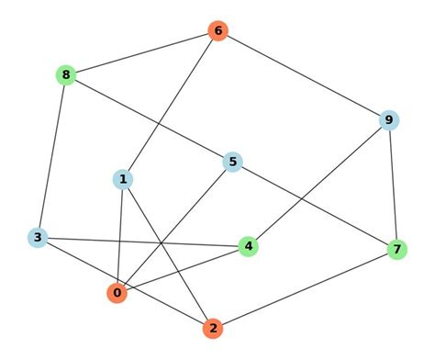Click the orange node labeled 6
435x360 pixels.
[217, 31]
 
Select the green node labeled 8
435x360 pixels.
[65, 74]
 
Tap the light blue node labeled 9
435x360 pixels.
[389, 119]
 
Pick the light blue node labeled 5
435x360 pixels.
[233, 163]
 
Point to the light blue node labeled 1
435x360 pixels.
[122, 179]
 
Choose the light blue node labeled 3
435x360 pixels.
[37, 238]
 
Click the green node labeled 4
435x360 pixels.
[248, 246]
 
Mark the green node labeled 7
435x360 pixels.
[396, 249]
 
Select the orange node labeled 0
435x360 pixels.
[116, 293]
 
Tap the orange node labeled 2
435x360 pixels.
[213, 328]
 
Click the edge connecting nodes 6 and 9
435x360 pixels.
[303, 75]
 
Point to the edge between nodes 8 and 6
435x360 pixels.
[141, 53]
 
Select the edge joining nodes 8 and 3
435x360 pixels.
[51, 156]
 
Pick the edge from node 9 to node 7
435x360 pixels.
[393, 184]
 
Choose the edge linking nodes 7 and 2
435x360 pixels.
[305, 288]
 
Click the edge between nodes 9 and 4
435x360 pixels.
[318, 183]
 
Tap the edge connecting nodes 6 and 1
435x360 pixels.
[170, 105]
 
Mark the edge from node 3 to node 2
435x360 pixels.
[125, 283]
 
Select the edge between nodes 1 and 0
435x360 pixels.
[119, 236]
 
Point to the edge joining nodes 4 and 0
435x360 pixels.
[182, 269]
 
